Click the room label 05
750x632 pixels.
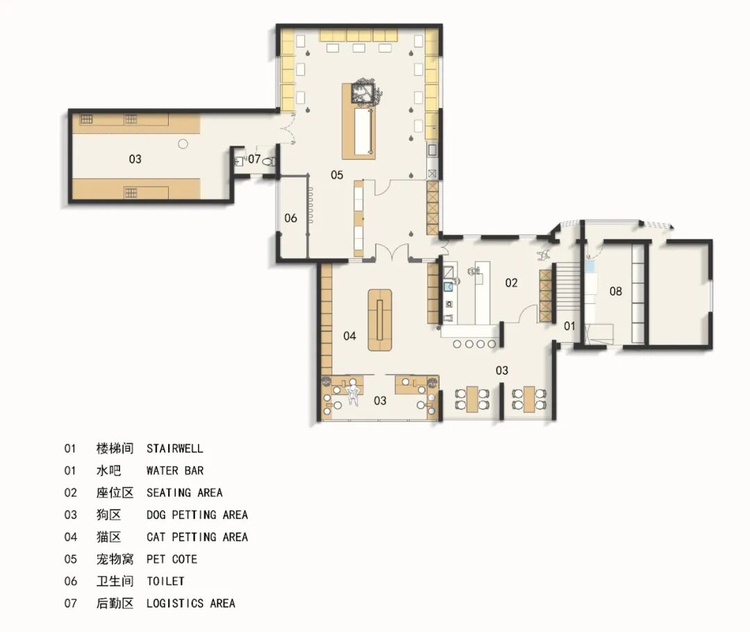(337, 175)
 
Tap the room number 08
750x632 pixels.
(616, 291)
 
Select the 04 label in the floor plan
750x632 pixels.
(350, 336)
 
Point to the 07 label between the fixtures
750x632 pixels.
(255, 160)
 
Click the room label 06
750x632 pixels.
(290, 218)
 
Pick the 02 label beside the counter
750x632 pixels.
(511, 282)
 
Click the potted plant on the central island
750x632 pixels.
(364, 94)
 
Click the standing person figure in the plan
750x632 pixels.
(353, 391)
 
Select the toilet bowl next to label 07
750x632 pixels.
(271, 160)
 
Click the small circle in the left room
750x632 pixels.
(183, 144)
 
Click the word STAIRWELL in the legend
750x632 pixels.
(174, 449)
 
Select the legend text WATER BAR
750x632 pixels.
(174, 470)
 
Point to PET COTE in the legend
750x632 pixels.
(172, 559)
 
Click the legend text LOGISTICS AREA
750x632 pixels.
(190, 604)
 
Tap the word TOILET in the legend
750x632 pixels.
(165, 581)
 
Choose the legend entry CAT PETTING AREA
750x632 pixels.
(197, 537)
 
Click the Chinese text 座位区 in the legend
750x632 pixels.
(115, 493)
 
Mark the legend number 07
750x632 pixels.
(70, 604)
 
